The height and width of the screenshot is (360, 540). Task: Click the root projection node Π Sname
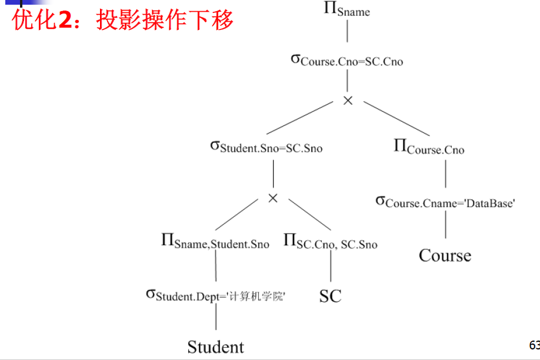pyautogui.click(x=346, y=9)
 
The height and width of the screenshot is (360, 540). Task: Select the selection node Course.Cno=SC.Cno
pyautogui.click(x=347, y=60)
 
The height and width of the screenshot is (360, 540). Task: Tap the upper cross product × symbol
pyautogui.click(x=348, y=101)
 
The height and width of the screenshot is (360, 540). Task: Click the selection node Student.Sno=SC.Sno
pyautogui.click(x=266, y=146)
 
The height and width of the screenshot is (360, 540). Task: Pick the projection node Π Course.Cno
pyautogui.click(x=429, y=148)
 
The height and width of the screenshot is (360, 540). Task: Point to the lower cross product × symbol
pyautogui.click(x=272, y=198)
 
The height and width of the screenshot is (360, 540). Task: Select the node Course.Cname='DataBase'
pyautogui.click(x=445, y=202)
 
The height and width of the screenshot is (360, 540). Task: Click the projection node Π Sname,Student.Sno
pyautogui.click(x=215, y=242)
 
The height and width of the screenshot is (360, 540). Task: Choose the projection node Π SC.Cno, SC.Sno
pyautogui.click(x=330, y=242)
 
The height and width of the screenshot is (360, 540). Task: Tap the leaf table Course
pyautogui.click(x=445, y=255)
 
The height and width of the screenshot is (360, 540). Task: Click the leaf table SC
pyautogui.click(x=330, y=296)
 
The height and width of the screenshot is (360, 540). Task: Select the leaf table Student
pyautogui.click(x=215, y=347)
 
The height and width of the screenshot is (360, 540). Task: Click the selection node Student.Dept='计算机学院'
pyautogui.click(x=215, y=295)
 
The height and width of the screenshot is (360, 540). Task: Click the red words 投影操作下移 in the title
pyautogui.click(x=165, y=20)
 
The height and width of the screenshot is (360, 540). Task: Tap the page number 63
pyautogui.click(x=534, y=345)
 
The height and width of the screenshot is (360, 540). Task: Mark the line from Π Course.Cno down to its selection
pyautogui.click(x=445, y=174)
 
